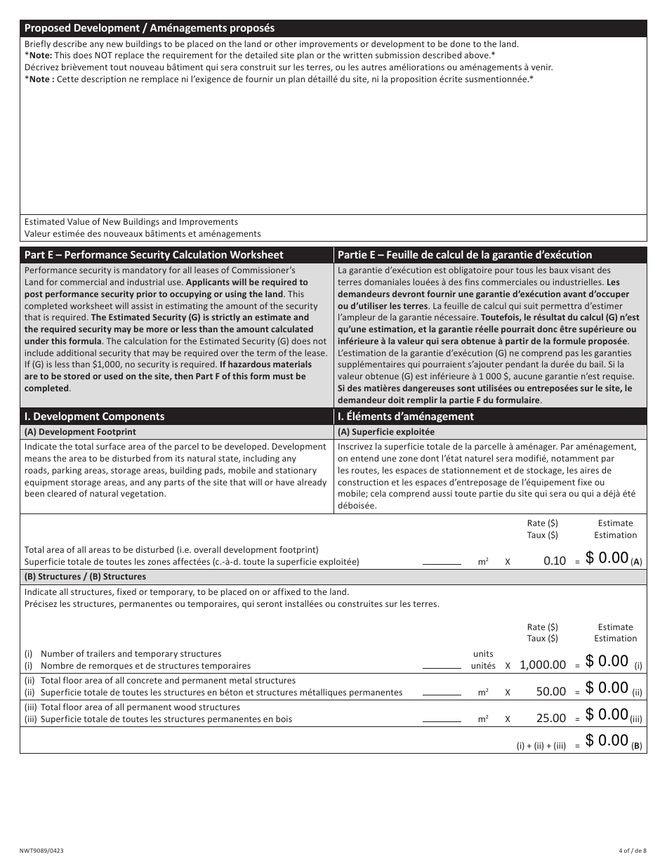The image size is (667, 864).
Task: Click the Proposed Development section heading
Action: point(150,28)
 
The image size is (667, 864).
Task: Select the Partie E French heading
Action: point(465,255)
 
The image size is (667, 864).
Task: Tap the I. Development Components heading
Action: point(95,417)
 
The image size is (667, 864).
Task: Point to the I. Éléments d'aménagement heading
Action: point(406,417)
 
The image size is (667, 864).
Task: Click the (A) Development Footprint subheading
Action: point(81,432)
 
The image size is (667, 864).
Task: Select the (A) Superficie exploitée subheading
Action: point(386,432)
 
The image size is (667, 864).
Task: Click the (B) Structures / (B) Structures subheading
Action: point(85,577)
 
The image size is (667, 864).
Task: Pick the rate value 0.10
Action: point(555,561)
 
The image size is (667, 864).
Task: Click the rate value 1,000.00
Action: point(542,665)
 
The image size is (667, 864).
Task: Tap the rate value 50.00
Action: point(550,692)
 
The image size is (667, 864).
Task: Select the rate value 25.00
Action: point(550,719)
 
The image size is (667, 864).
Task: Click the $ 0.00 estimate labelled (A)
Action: point(607,558)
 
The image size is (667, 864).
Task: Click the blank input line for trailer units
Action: point(442,665)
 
